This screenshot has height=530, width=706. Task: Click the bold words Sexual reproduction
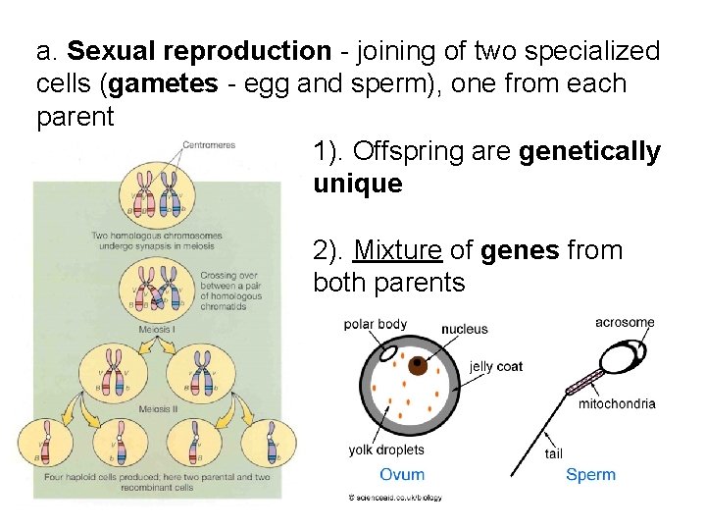(x=200, y=50)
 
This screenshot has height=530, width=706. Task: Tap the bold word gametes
(x=164, y=84)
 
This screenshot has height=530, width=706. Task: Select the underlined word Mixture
(x=397, y=250)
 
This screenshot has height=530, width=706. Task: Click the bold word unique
(x=358, y=185)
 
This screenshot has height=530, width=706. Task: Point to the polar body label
(x=375, y=325)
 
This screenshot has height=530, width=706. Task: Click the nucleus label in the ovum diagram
(x=465, y=329)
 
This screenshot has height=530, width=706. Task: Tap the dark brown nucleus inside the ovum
(x=418, y=366)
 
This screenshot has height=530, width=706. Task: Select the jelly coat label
(x=496, y=367)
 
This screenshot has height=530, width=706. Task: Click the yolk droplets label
(x=386, y=450)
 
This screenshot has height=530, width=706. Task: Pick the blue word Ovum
(x=402, y=474)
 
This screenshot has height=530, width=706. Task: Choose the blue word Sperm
(x=591, y=474)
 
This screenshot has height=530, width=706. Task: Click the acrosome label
(x=625, y=323)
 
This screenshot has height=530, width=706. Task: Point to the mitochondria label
(x=617, y=404)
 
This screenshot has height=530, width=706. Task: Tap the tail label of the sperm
(x=554, y=453)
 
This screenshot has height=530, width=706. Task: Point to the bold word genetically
(x=590, y=152)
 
